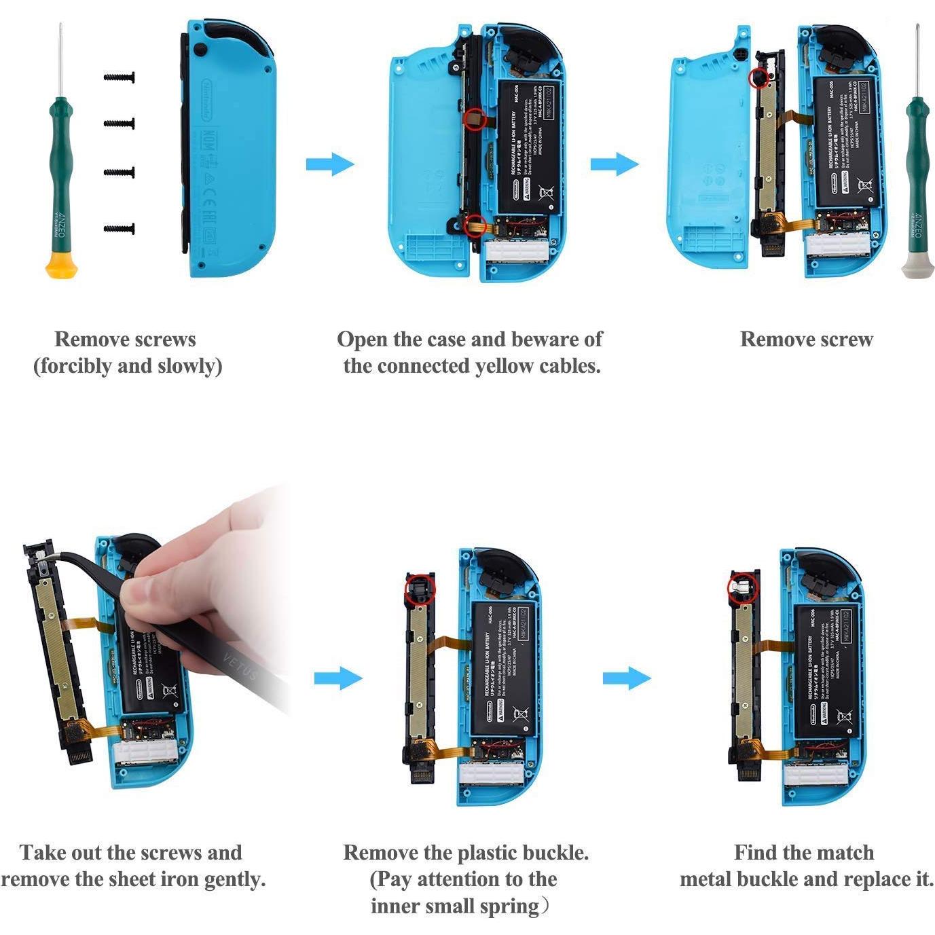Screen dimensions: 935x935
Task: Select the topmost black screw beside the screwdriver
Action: [120, 77]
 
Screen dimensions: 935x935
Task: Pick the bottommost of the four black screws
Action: [120, 229]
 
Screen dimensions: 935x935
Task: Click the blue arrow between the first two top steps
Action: [330, 164]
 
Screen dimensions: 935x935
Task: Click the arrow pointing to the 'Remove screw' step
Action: [615, 164]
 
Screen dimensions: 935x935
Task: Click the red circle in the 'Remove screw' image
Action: [758, 78]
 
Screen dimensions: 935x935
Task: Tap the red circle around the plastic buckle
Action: [419, 588]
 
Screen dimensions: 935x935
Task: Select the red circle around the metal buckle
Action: [741, 588]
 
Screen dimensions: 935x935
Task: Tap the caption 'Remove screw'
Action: [806, 339]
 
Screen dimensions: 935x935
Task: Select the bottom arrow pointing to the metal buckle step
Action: [627, 678]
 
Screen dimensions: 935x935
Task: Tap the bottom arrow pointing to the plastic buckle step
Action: [338, 678]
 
